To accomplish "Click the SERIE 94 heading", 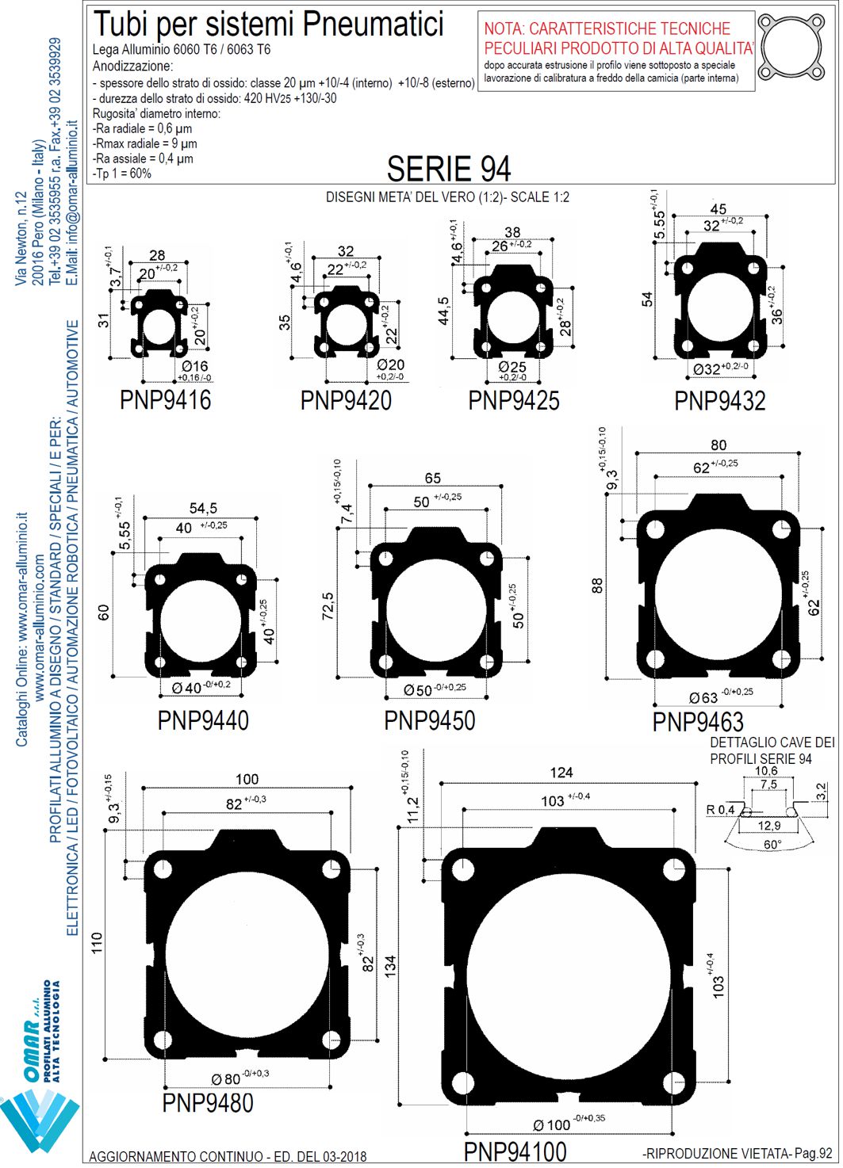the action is click(448, 169).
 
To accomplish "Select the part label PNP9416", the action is click(166, 400).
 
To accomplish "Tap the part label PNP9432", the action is click(720, 401).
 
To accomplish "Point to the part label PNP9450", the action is click(430, 720).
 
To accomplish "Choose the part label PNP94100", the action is click(515, 1151).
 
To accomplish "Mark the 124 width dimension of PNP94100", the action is click(561, 773).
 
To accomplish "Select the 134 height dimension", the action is click(390, 966).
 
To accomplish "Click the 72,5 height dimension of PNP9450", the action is click(328, 605).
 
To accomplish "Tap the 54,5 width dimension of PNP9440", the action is click(203, 508).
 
